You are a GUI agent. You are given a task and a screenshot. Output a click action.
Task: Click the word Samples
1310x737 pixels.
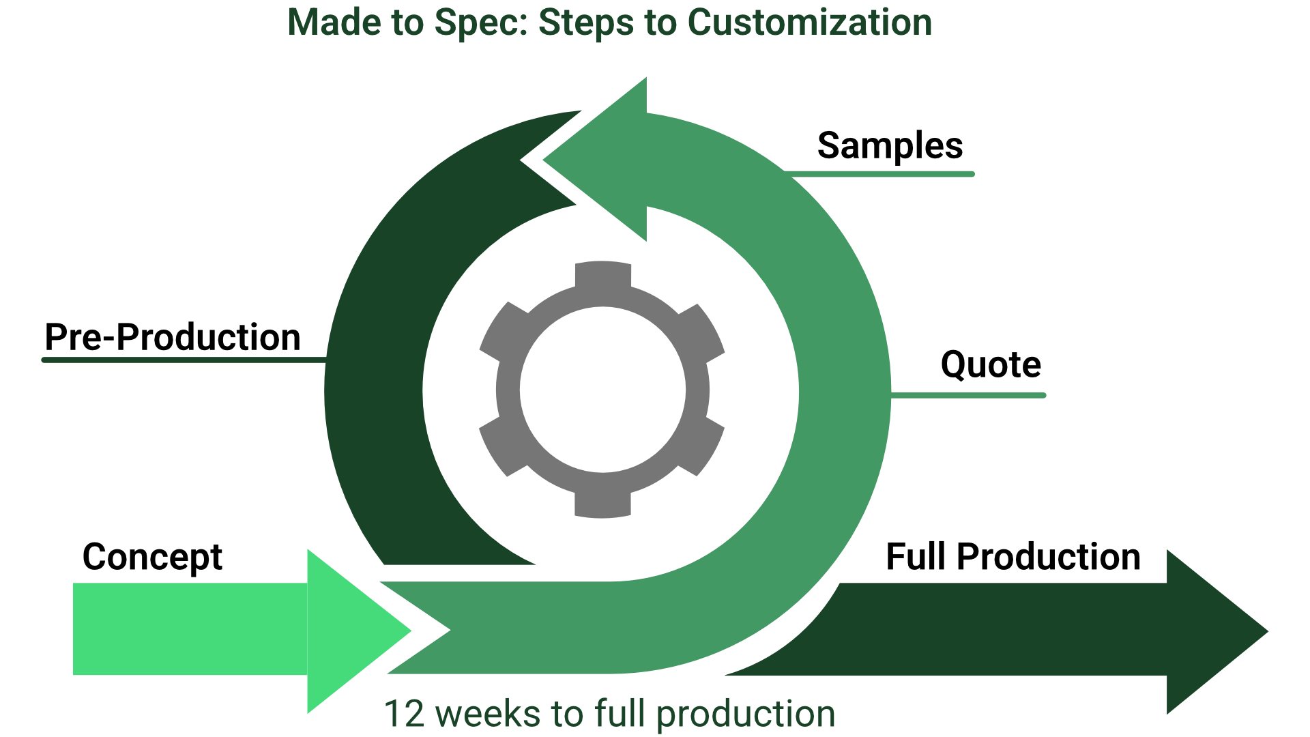[x=890, y=146]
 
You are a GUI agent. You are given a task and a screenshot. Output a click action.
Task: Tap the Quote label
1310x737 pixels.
[x=991, y=365]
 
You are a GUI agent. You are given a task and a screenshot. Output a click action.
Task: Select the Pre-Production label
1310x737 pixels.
[x=173, y=337]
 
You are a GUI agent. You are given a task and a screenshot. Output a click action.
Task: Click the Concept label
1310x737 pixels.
[x=152, y=557]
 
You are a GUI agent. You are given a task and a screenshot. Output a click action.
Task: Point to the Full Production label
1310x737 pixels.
[x=1013, y=557]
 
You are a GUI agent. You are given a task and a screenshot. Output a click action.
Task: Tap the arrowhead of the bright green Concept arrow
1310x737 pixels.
[x=355, y=631]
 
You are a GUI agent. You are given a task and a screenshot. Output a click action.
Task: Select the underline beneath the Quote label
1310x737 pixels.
[x=969, y=395]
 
